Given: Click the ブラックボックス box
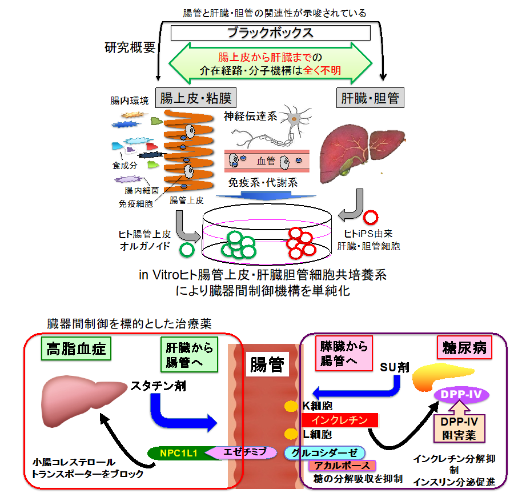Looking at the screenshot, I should (270, 33).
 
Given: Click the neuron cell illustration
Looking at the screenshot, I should (294, 120).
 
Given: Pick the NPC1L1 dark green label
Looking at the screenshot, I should (178, 453).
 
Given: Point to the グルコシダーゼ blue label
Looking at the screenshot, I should (324, 452).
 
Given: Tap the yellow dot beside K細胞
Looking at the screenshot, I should (291, 407).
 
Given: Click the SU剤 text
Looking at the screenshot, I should (395, 367).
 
